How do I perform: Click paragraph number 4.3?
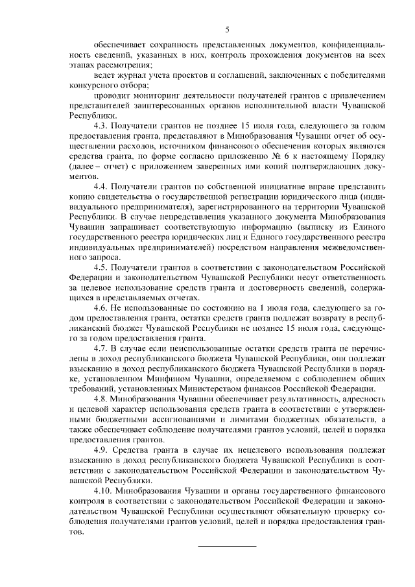pyautogui.click(x=102, y=124)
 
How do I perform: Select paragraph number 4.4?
pyautogui.click(x=102, y=185)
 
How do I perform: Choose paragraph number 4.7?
pyautogui.click(x=102, y=348)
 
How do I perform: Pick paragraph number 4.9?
pyautogui.click(x=102, y=449)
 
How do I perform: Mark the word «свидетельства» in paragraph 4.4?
pyautogui.click(x=123, y=195)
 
